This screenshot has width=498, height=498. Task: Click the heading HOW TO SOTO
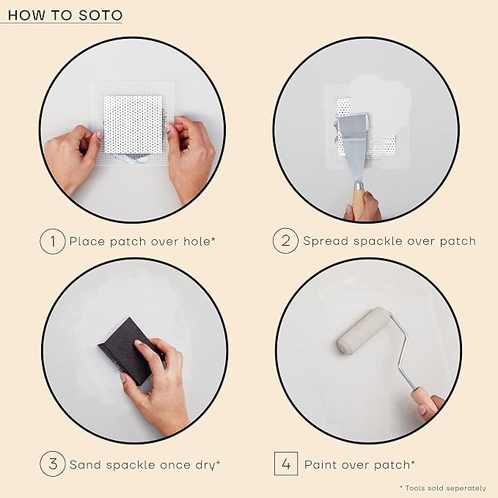coord(65,15)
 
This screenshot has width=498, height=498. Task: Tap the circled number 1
coord(52,241)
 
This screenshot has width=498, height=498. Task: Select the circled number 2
coord(285,241)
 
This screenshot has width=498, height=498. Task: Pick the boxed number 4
coord(285,464)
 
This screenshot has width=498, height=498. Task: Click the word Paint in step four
coord(321,464)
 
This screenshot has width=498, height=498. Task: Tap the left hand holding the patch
coord(71,155)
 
